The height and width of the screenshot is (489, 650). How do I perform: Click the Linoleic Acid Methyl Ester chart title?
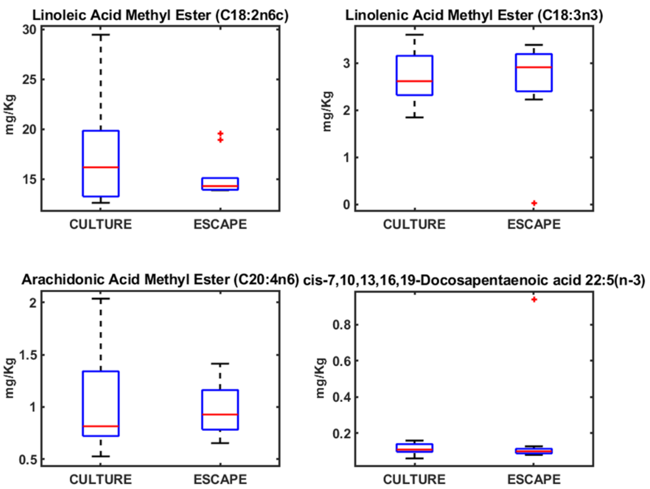(160, 15)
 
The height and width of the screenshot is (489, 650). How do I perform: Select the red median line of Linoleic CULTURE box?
(101, 167)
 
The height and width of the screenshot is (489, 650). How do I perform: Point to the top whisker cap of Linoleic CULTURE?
(101, 35)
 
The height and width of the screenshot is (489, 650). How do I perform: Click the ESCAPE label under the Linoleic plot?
(220, 224)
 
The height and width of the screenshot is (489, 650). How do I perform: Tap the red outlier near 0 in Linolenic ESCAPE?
(534, 203)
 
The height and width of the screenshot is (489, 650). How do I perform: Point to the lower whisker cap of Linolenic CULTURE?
(415, 117)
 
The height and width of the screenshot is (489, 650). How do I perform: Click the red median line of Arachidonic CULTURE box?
(101, 426)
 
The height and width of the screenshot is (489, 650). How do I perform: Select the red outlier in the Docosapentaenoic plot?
(534, 300)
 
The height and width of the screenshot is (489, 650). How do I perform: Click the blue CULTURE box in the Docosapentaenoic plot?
(415, 448)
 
